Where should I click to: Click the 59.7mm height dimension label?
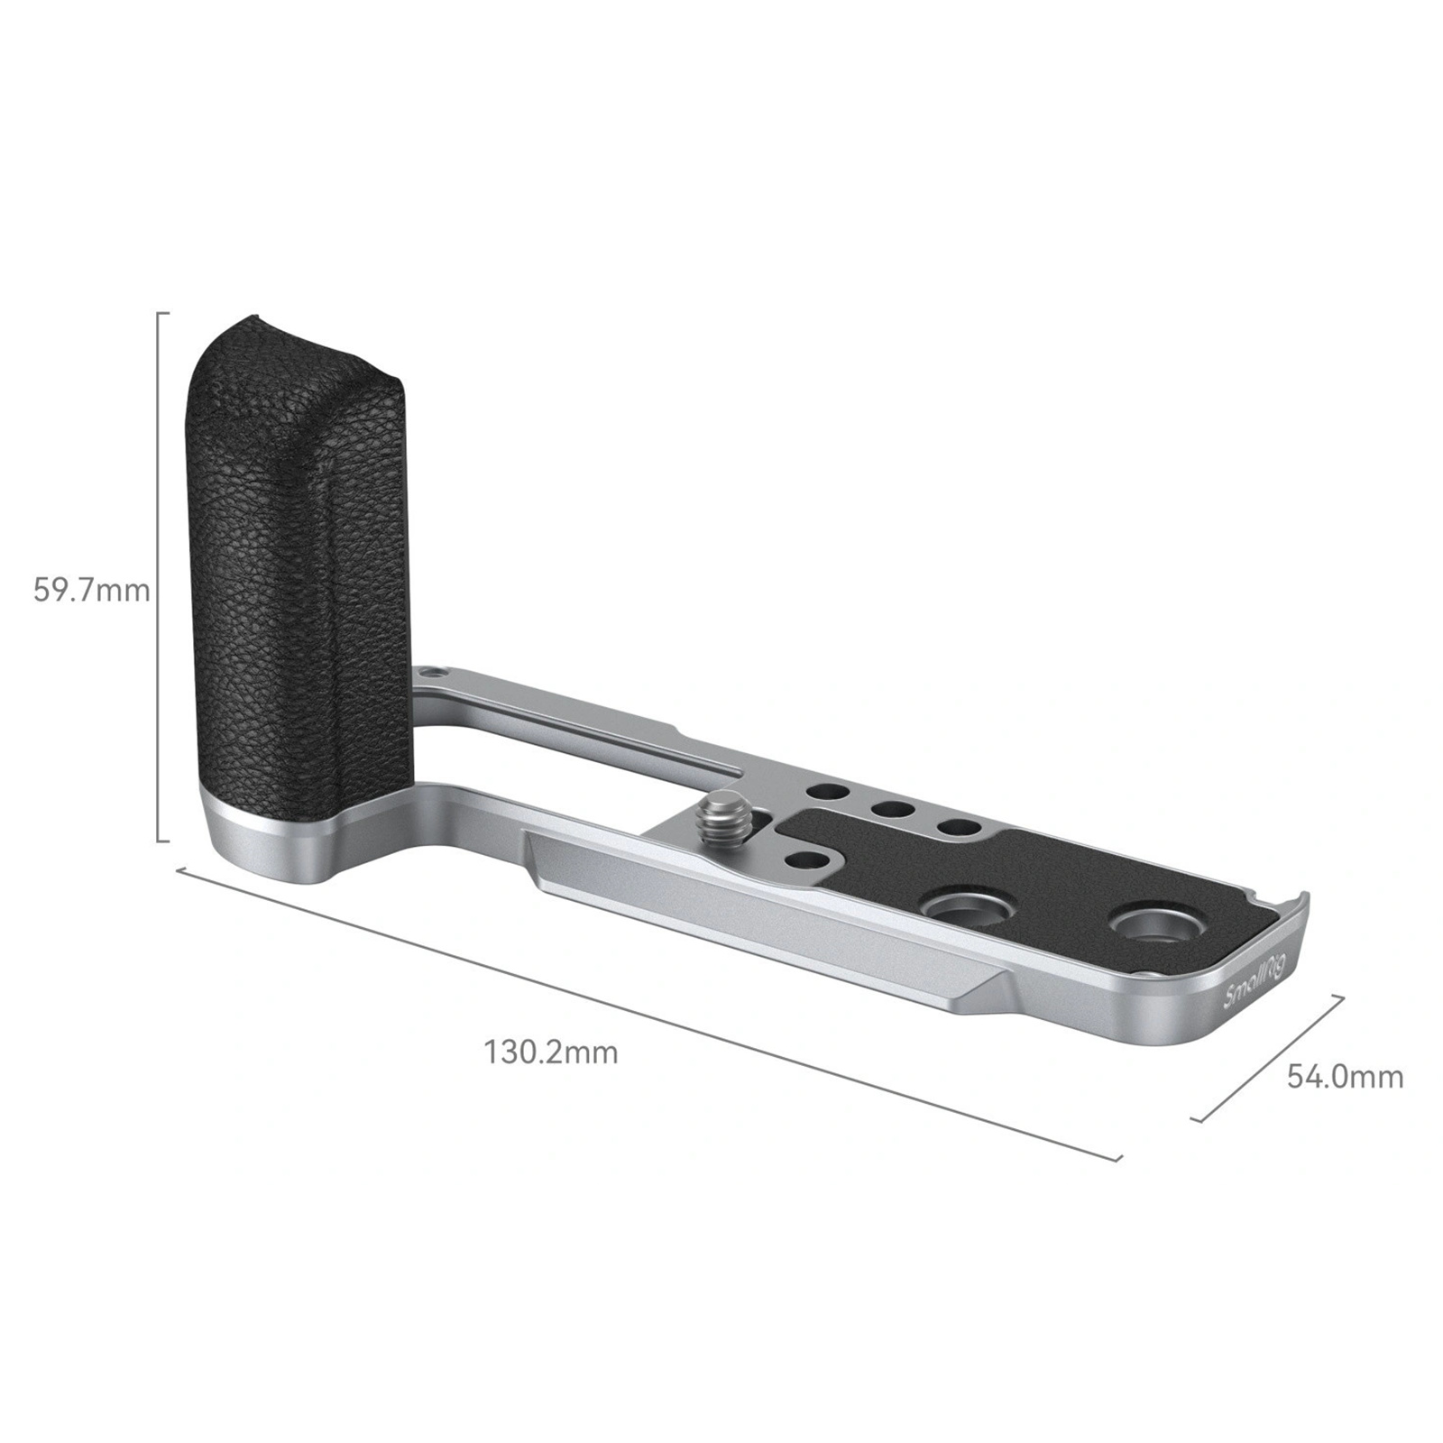(91, 591)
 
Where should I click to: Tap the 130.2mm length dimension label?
(552, 1052)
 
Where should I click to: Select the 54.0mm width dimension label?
(1345, 1076)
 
